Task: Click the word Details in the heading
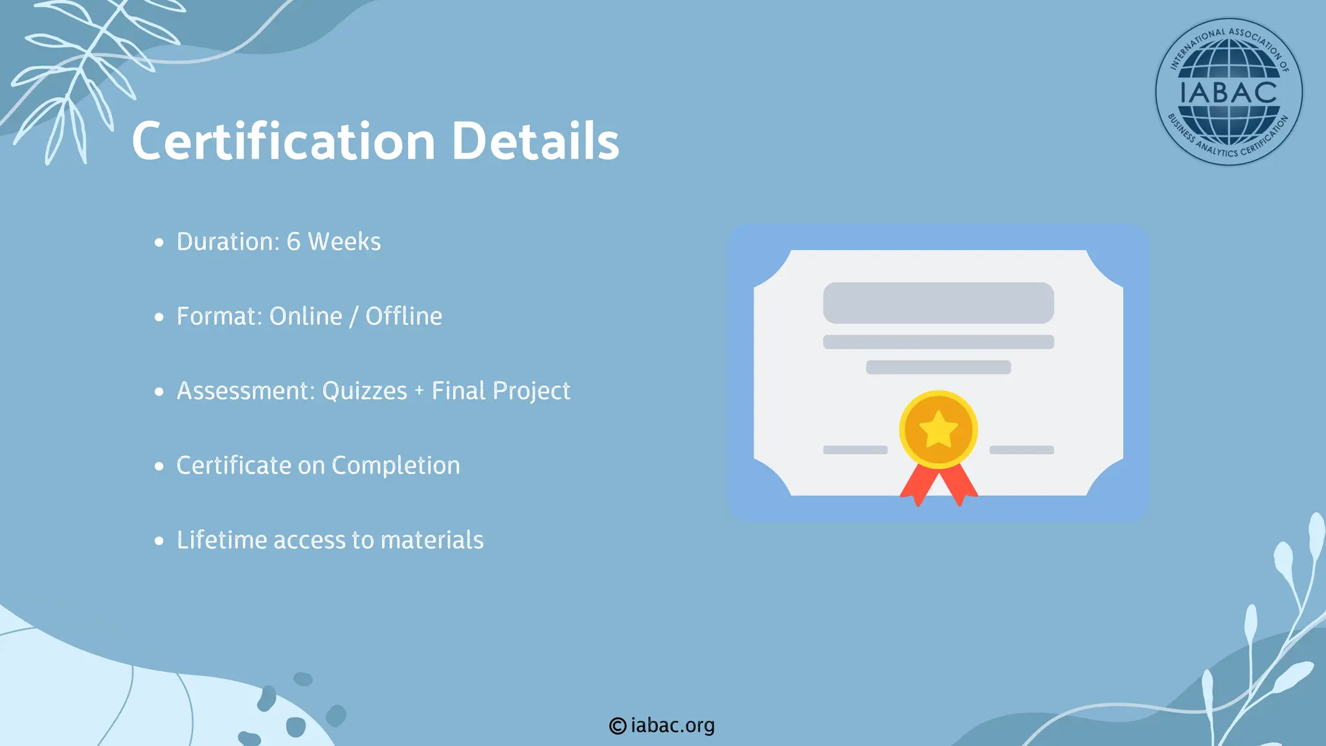pyautogui.click(x=535, y=141)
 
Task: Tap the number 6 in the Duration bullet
pyautogui.click(x=293, y=242)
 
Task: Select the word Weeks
pyautogui.click(x=344, y=242)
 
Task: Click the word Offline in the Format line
pyautogui.click(x=403, y=316)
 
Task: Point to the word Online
pyautogui.click(x=306, y=316)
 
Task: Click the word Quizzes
pyautogui.click(x=365, y=390)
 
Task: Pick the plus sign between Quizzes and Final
pyautogui.click(x=419, y=391)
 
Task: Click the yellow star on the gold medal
pyautogui.click(x=938, y=430)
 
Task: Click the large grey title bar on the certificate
pyautogui.click(x=938, y=302)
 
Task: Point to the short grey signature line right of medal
pyautogui.click(x=1021, y=449)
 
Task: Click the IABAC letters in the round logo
pyautogui.click(x=1228, y=92)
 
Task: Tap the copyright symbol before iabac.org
pyautogui.click(x=618, y=726)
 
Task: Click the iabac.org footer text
pyautogui.click(x=673, y=725)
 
